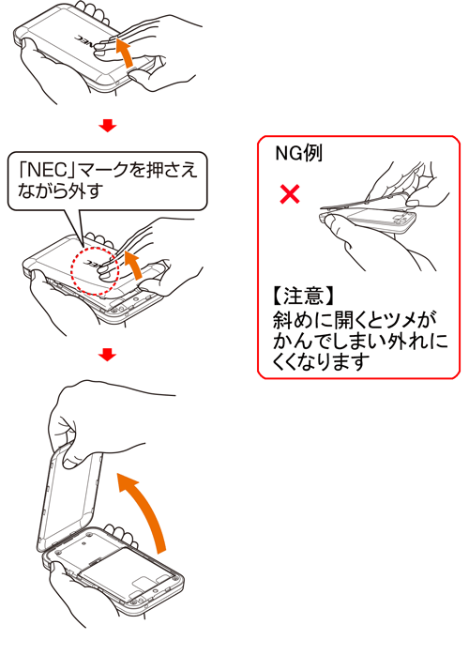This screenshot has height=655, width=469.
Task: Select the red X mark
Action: coord(292,195)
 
